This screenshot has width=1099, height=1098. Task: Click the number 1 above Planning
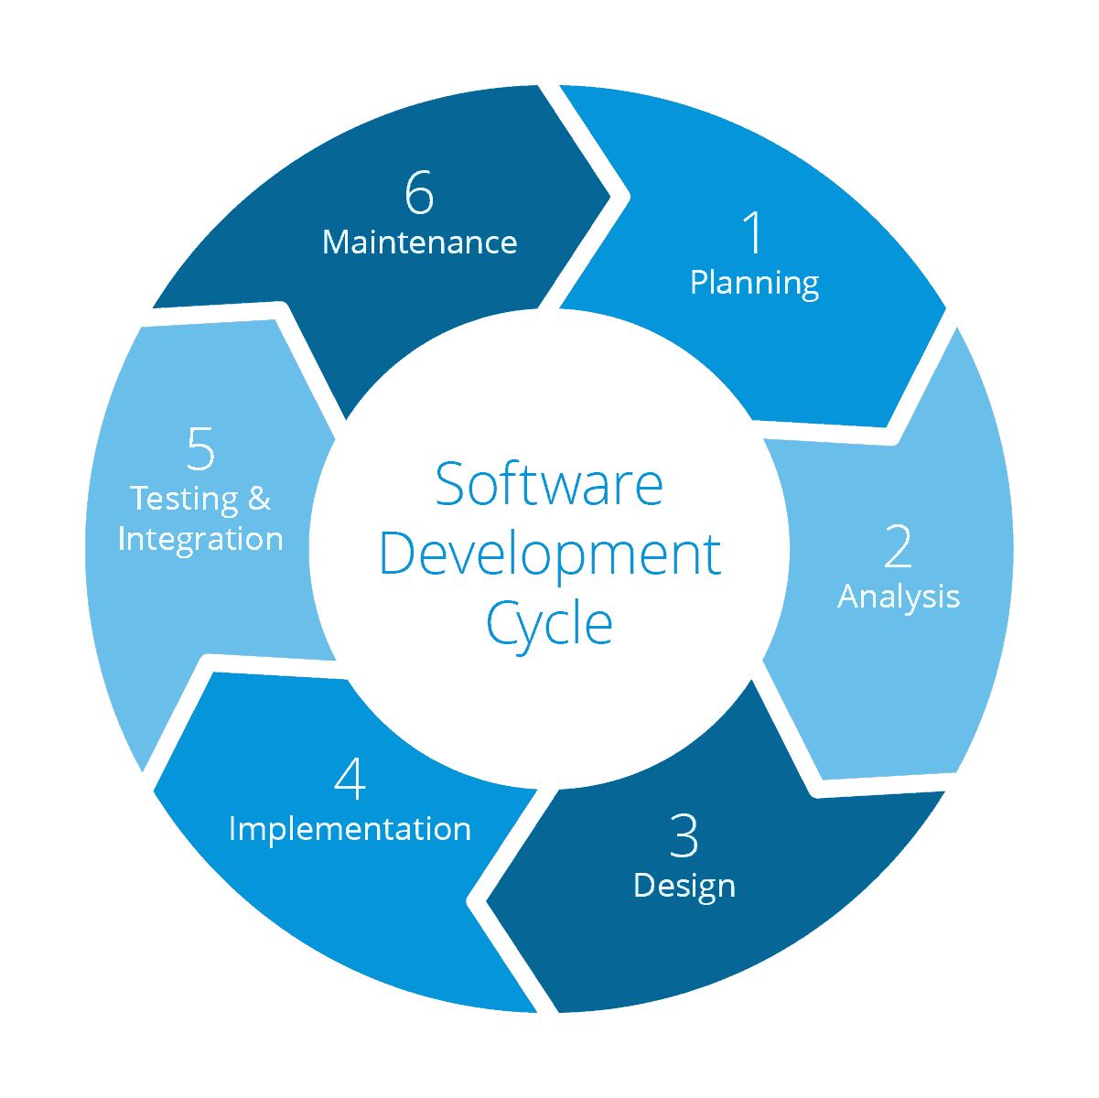pos(752,232)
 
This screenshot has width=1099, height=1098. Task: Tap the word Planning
pos(754,283)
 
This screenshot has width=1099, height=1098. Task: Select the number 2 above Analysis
pos(898,546)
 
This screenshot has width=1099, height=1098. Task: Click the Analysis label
pos(899,597)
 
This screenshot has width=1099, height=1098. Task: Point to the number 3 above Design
pos(684,835)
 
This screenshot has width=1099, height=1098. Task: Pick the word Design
pos(684,886)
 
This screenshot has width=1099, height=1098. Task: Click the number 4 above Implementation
pos(350,779)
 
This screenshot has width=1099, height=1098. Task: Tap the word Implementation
pos(350,829)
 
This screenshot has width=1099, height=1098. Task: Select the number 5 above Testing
pos(200,448)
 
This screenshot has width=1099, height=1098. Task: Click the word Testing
pos(184,499)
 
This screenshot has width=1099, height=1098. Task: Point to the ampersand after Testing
pos(260,499)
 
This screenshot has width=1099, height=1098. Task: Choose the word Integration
pos(200,539)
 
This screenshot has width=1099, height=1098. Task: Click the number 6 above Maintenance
pos(419,193)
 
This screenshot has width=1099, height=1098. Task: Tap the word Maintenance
pos(420,242)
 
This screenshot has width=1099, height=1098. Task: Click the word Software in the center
pos(549,484)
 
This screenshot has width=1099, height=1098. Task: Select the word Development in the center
pos(549,554)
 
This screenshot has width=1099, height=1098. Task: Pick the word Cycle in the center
pos(549,624)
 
